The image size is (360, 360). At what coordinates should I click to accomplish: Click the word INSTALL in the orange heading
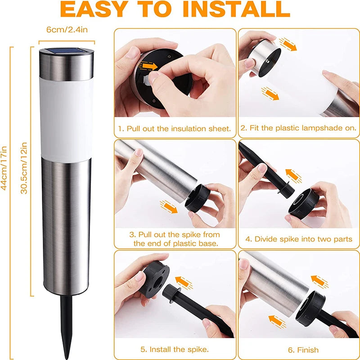click(x=236, y=9)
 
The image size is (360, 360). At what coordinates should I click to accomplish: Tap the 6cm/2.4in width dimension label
click(x=67, y=30)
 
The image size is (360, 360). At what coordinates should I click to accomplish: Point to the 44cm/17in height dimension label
click(x=4, y=168)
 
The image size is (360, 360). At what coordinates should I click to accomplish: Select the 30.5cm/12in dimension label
click(x=24, y=168)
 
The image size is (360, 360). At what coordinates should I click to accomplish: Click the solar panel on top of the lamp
click(x=66, y=50)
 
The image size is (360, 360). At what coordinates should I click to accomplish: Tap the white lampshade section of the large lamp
click(x=66, y=119)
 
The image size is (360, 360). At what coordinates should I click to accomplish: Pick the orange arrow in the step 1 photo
click(x=149, y=66)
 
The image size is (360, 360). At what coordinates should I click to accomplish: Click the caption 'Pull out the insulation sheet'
click(x=179, y=129)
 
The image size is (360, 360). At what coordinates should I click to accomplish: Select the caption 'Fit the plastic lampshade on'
click(x=303, y=128)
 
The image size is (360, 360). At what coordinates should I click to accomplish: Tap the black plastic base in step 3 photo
click(x=198, y=198)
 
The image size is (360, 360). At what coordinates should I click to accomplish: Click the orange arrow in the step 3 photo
click(x=169, y=207)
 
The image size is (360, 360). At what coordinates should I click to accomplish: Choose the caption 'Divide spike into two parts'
click(x=303, y=239)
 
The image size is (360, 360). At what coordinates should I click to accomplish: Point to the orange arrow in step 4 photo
click(x=294, y=176)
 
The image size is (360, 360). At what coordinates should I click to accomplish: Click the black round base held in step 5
click(x=154, y=279)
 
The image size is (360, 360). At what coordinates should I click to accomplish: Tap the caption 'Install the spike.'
click(x=179, y=350)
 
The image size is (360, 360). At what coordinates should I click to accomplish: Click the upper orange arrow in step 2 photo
click(x=288, y=45)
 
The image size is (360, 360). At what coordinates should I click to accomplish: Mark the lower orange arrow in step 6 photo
click(x=277, y=322)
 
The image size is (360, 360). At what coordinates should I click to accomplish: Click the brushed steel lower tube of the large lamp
click(x=66, y=225)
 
